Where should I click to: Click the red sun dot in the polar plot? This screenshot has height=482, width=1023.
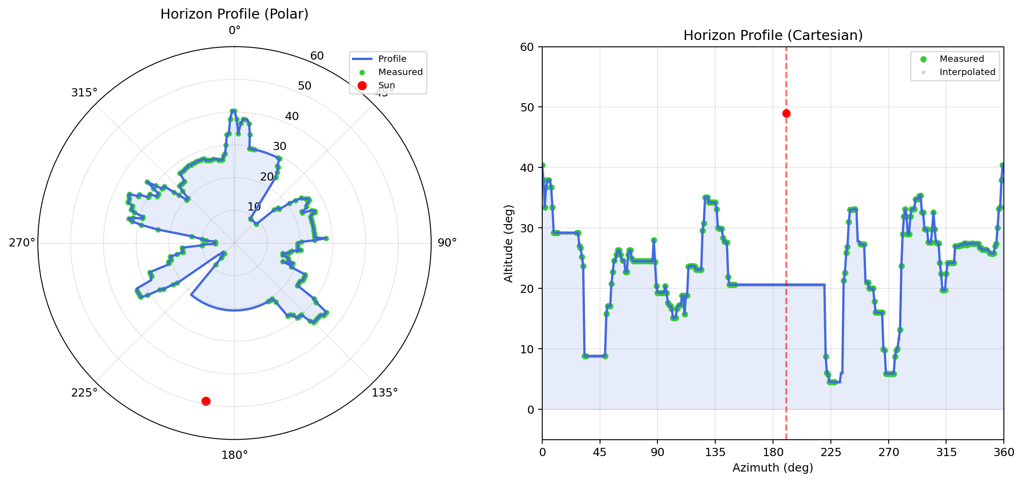click(x=206, y=401)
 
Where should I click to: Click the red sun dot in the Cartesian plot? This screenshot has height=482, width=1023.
click(x=786, y=114)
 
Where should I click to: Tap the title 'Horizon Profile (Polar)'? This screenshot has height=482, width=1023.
click(x=234, y=14)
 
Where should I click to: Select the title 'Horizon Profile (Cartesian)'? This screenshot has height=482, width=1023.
click(x=773, y=35)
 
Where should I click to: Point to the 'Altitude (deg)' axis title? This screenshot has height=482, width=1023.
click(x=509, y=243)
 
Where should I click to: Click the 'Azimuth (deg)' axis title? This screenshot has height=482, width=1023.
click(x=773, y=467)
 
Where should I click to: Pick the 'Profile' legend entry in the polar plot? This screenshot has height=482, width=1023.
click(x=392, y=59)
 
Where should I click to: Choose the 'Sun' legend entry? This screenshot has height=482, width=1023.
click(x=387, y=85)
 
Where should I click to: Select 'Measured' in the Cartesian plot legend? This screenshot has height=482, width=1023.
click(x=962, y=59)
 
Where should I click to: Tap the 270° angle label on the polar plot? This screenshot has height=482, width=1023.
click(x=22, y=243)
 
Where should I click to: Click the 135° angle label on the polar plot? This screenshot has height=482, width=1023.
click(x=385, y=392)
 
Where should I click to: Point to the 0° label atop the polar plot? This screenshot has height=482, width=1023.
click(x=234, y=30)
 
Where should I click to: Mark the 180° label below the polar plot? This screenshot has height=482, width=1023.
click(x=234, y=455)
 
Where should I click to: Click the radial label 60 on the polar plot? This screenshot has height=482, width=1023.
click(x=317, y=56)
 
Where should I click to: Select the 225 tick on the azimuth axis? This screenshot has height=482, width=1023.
click(x=831, y=452)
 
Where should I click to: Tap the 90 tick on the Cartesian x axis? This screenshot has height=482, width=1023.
click(x=657, y=452)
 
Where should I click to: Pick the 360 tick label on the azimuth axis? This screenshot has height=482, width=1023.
click(x=1004, y=452)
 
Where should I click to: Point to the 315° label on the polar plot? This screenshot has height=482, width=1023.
click(x=84, y=93)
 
